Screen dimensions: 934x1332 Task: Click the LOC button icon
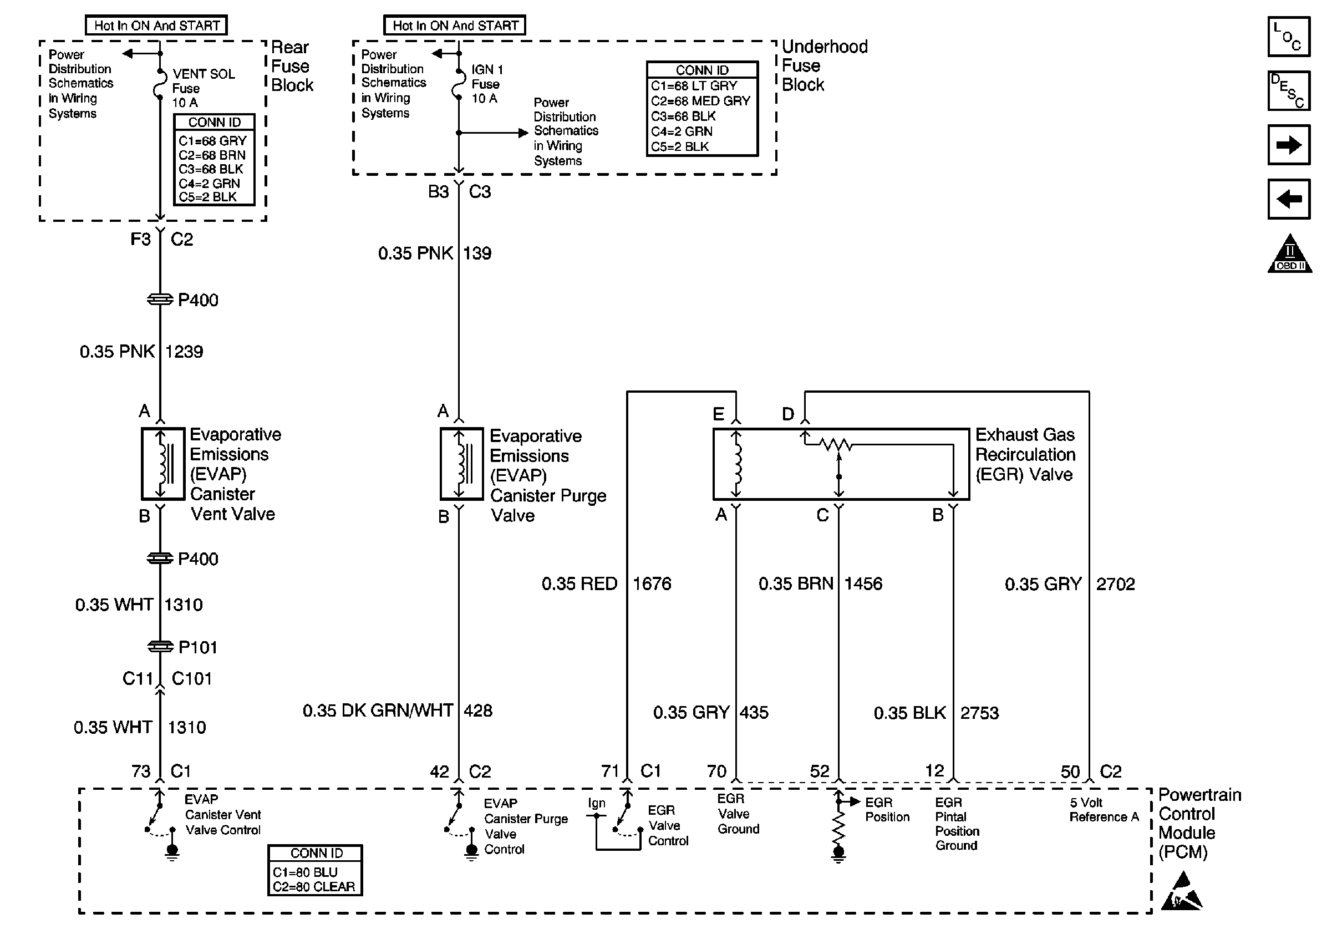click(x=1289, y=37)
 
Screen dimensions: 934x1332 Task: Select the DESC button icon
click(x=1289, y=90)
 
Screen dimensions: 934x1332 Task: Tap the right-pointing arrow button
click(x=1289, y=144)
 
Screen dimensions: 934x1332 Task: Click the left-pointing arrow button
click(x=1289, y=199)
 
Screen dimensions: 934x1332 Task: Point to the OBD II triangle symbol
click(x=1289, y=255)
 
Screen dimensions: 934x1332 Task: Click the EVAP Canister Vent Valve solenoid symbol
click(x=163, y=464)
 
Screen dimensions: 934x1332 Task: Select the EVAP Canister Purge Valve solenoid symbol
click(x=462, y=464)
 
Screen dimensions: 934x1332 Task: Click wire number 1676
click(x=652, y=583)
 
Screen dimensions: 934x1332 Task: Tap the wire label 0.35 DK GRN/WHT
click(x=378, y=710)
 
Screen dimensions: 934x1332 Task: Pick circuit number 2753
click(x=979, y=713)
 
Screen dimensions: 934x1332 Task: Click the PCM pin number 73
click(x=141, y=771)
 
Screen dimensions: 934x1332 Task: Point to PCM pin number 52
click(x=820, y=771)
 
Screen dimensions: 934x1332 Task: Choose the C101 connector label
click(x=191, y=678)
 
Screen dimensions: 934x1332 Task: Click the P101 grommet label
click(x=198, y=647)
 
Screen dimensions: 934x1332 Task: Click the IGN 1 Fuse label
click(x=486, y=84)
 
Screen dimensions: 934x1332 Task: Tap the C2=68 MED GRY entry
click(x=701, y=101)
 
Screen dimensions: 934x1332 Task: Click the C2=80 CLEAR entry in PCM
click(x=314, y=886)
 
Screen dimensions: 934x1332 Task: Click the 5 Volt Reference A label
click(x=1104, y=810)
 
